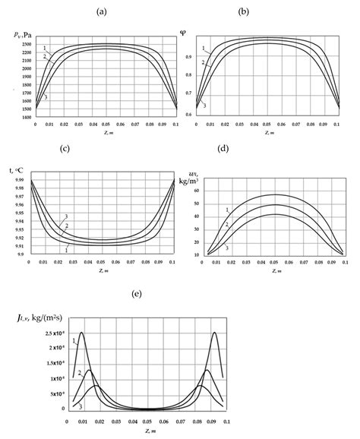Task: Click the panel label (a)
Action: coord(100,12)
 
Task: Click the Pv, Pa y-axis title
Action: coord(25,34)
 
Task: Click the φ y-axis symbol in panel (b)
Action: coord(183,31)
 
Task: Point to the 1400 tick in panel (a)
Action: coord(25,118)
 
